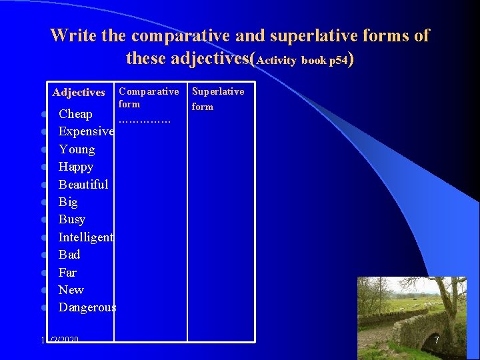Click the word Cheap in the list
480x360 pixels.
pos(75,114)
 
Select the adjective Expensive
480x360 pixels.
pos(86,131)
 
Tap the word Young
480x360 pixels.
pos(77,149)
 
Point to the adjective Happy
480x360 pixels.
pos(76,167)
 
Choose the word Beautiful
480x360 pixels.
pos(83,184)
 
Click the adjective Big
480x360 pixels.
pos(68,202)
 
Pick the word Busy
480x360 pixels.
pos(72,219)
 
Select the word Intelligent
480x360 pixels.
pos(86,237)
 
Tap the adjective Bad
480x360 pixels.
pos(69,254)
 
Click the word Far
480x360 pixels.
pos(67,272)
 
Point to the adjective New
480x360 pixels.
pos(71,289)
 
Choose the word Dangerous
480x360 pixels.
pos(87,307)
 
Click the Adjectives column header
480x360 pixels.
pos(79,93)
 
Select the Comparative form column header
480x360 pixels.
pos(148,97)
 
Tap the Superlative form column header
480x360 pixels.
pos(217,99)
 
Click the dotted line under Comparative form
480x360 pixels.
pos(144,121)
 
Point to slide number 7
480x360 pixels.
pos(437,340)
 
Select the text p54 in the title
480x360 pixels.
pos(337,60)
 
